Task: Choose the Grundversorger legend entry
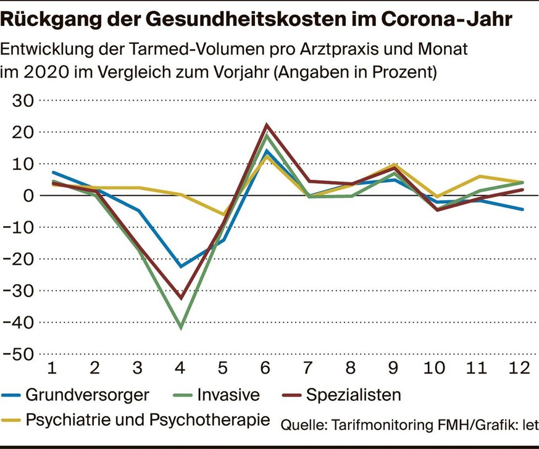tap(86, 394)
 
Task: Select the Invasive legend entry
tap(230, 394)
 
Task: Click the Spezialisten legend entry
tap(354, 394)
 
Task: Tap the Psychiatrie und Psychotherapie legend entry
tap(148, 419)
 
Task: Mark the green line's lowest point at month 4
tap(181, 328)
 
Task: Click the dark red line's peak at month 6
tap(266, 125)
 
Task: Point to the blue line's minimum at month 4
tap(181, 267)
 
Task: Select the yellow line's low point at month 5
tap(224, 215)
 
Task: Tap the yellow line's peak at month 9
tap(394, 165)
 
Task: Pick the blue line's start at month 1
tap(53, 172)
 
